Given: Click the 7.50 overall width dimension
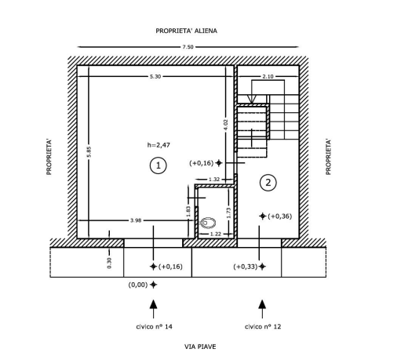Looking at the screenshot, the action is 188,47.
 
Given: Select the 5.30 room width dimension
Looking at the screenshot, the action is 155,77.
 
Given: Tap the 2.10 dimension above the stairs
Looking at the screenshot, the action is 268,77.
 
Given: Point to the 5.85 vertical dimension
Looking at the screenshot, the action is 89,152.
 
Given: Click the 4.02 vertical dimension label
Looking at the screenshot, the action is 226,125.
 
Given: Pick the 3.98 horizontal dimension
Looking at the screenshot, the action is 136,220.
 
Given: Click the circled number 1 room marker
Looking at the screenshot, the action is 159,165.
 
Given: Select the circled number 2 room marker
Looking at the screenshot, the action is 268,183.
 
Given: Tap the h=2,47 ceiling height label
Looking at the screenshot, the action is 159,145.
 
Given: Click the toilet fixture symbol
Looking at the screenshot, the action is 208,223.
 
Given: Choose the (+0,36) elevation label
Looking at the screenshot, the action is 280,216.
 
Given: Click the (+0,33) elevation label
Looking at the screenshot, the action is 246,267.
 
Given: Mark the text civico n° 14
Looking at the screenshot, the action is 155,326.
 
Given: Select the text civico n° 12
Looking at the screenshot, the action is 263,326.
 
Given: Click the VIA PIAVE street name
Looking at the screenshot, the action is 200,347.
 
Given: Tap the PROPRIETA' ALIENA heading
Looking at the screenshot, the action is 187,31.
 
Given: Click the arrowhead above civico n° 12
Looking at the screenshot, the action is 262,304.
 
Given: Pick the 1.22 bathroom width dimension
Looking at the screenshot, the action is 216,234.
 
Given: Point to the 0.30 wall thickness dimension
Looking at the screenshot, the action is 109,263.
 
